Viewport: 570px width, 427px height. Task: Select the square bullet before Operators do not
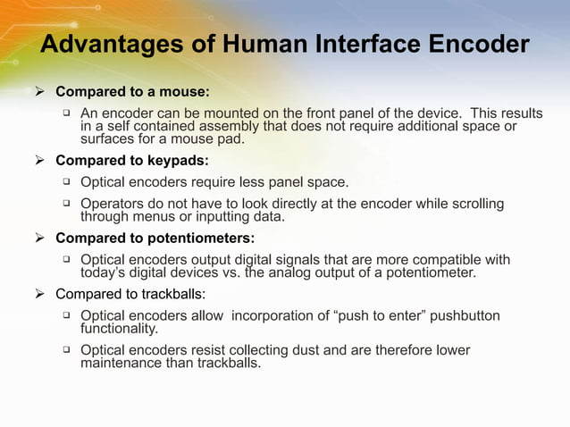(66, 204)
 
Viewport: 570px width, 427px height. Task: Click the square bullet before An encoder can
(66, 113)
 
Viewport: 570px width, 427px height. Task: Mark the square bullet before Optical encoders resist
(66, 350)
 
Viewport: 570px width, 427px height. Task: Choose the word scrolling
(476, 205)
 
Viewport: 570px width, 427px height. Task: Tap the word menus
(152, 217)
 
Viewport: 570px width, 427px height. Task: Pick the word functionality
(119, 329)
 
